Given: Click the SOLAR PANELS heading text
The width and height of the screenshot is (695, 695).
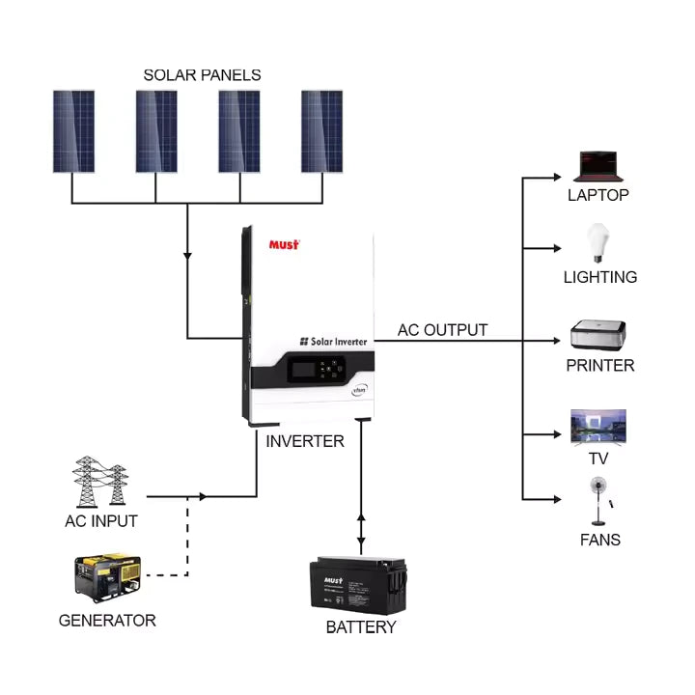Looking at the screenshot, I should pyautogui.click(x=202, y=74).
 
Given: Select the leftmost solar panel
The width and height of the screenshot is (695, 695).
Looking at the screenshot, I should pyautogui.click(x=73, y=131).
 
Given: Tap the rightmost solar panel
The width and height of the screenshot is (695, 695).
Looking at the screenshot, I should pyautogui.click(x=321, y=131).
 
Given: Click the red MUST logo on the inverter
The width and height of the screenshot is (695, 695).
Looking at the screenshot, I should pyautogui.click(x=284, y=244).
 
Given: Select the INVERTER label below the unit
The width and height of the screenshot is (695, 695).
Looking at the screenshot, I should pyautogui.click(x=305, y=441).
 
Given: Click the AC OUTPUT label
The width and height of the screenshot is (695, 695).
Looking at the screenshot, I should pyautogui.click(x=442, y=330).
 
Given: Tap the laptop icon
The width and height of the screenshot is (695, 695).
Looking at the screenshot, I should pyautogui.click(x=598, y=166).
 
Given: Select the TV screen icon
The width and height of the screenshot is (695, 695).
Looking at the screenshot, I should pyautogui.click(x=598, y=427).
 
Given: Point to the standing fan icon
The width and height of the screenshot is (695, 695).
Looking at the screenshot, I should pyautogui.click(x=598, y=500).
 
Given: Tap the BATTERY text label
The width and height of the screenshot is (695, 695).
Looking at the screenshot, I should pyautogui.click(x=361, y=627).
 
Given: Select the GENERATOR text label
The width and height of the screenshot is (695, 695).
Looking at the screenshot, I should pyautogui.click(x=107, y=620).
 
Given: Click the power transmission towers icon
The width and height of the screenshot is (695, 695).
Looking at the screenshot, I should pyautogui.click(x=100, y=482).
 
